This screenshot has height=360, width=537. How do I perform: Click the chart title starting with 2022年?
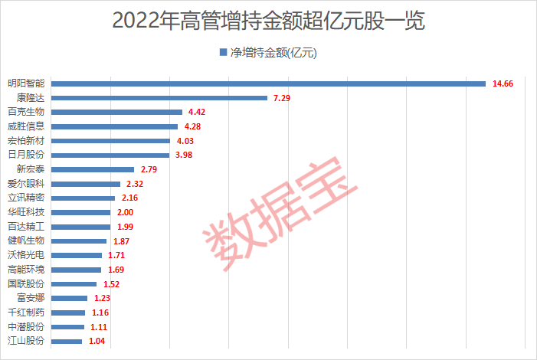[x=268, y=21]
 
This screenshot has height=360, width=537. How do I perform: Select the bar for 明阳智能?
[x=268, y=83]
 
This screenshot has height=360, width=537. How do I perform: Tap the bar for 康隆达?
[x=159, y=98]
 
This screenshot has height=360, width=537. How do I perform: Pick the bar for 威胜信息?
[x=114, y=126]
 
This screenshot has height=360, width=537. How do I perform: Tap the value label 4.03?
[x=186, y=141]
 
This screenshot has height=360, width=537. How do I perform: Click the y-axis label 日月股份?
[x=27, y=155]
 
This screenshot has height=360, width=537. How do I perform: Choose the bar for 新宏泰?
[x=93, y=169]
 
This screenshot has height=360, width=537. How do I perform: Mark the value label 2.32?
[x=136, y=184]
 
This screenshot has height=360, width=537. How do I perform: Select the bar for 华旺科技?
[x=80, y=212]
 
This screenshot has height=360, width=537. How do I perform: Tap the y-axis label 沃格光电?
[x=27, y=255]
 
